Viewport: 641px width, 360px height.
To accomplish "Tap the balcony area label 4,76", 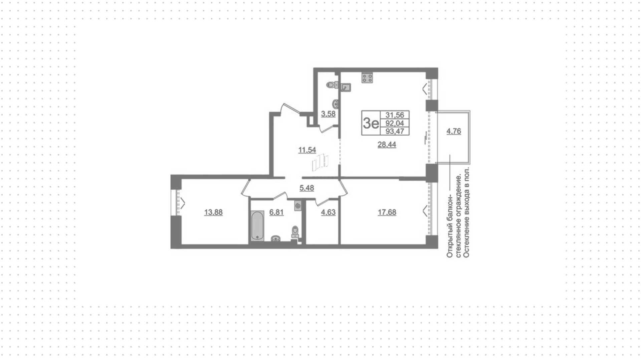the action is tap(454, 131).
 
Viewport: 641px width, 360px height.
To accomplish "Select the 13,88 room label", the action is tap(213, 212).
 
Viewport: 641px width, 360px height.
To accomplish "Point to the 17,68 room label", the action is tap(387, 212).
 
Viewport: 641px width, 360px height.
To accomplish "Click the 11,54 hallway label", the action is tap(307, 150).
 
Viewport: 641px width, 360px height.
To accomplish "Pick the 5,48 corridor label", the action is tap(307, 188).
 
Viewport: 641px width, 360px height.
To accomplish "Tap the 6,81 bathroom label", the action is tap(276, 212).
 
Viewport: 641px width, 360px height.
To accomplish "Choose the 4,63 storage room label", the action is tap(328, 212).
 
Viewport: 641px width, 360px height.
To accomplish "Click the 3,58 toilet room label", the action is tap(328, 114).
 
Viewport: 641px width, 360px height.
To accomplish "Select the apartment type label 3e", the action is tap(371, 124).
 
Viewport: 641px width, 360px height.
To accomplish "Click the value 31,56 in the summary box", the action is tap(395, 115).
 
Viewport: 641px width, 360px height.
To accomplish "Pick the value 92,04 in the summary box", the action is tap(395, 123).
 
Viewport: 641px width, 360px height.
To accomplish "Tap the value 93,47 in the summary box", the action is tap(395, 131).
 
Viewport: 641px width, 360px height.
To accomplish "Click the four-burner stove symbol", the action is tap(367, 78).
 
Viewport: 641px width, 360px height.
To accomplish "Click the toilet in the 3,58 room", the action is tap(332, 84).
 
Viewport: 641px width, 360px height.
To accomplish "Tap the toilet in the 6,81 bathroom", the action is tap(295, 232).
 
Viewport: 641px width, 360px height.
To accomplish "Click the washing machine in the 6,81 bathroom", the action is tap(298, 205).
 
